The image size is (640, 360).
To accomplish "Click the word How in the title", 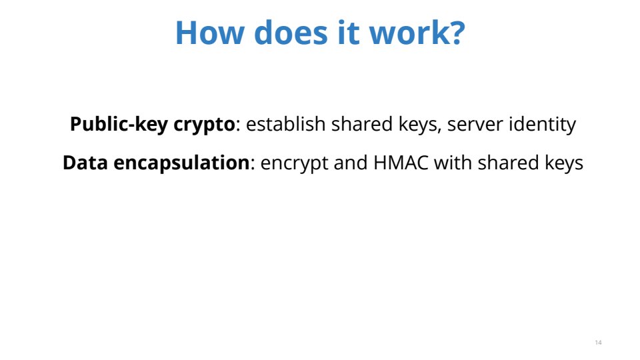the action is (209, 32).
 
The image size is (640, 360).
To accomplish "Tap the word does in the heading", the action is (291, 32).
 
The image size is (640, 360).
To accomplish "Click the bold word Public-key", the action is (119, 124).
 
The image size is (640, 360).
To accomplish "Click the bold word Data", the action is (85, 163).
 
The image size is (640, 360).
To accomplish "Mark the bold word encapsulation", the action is (181, 163).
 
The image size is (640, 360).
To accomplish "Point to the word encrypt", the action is (294, 164).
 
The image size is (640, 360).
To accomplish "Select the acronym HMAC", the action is (401, 163).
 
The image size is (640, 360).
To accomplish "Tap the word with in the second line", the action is (453, 163).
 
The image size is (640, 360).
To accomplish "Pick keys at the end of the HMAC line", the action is (564, 163).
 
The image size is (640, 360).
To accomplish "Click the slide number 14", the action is (599, 343).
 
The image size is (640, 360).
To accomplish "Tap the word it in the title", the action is (348, 32).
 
